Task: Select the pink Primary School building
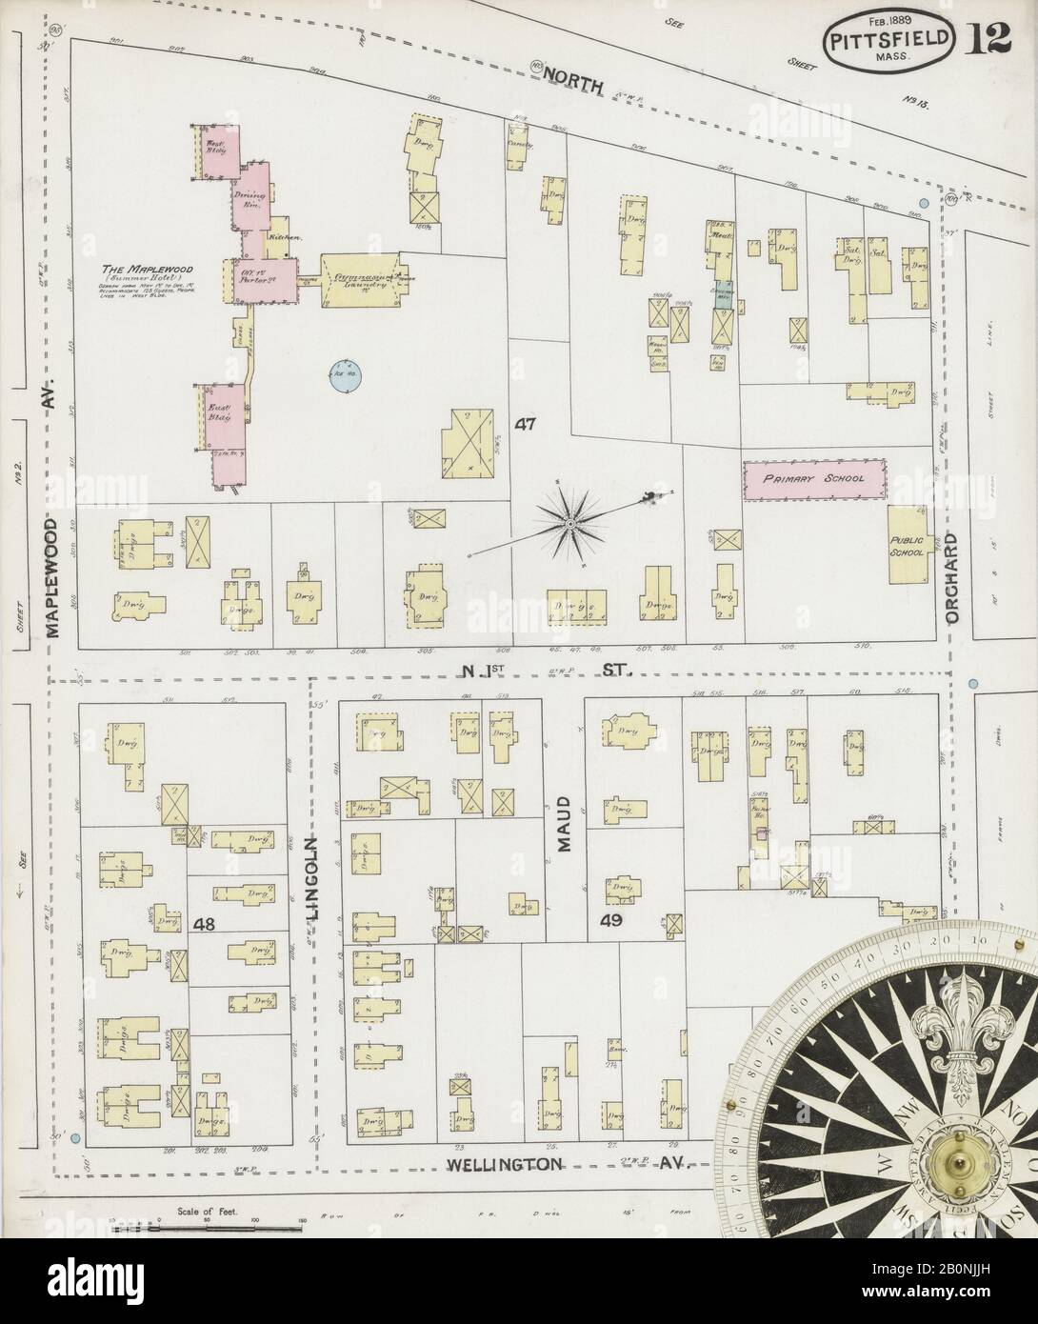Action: (815, 478)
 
